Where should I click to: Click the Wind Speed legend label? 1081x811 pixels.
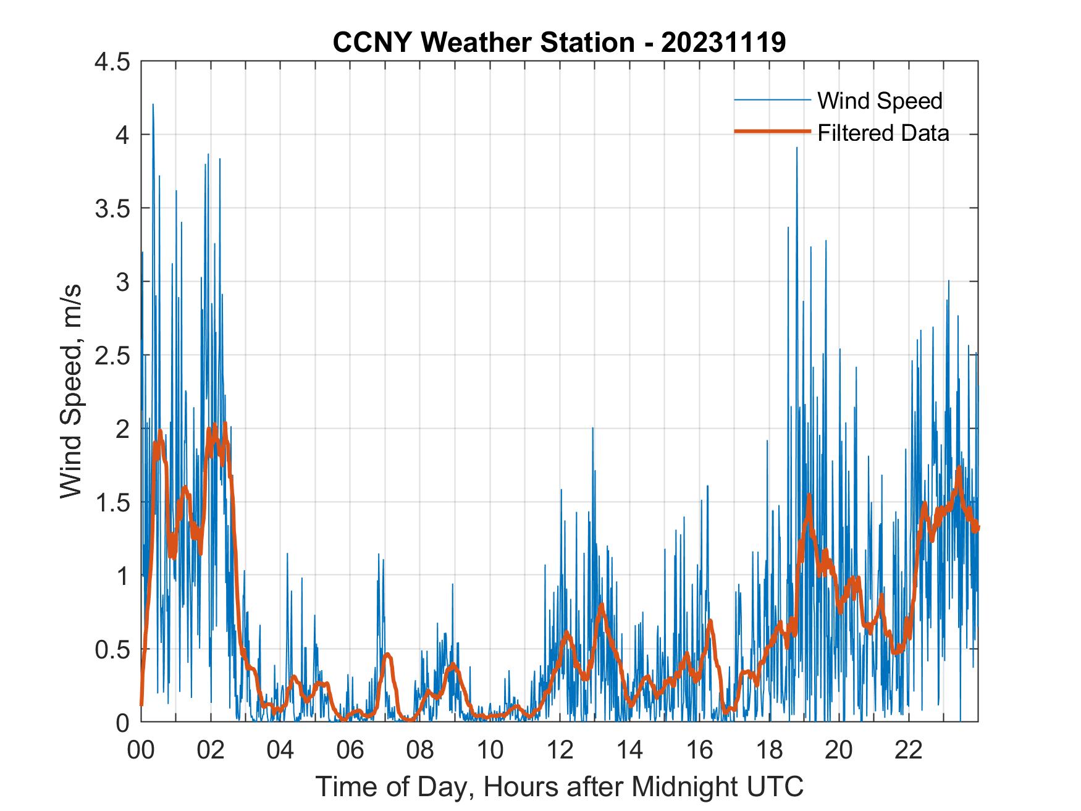click(x=880, y=101)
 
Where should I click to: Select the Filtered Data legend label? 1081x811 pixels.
click(x=883, y=133)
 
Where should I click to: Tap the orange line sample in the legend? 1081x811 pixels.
click(x=772, y=132)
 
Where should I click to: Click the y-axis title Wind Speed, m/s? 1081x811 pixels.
click(x=72, y=392)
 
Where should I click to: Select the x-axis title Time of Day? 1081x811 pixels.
click(x=560, y=786)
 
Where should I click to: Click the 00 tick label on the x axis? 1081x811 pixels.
click(x=141, y=750)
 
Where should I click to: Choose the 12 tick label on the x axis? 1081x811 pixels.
click(x=560, y=750)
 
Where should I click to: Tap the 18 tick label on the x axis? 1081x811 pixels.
click(x=769, y=750)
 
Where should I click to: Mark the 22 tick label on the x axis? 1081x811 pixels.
click(x=909, y=750)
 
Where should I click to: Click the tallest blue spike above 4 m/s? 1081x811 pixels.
click(x=153, y=105)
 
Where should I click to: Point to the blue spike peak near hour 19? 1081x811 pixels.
click(x=797, y=149)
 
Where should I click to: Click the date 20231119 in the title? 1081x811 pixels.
click(x=723, y=43)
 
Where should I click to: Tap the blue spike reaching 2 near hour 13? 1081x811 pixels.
click(x=592, y=428)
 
